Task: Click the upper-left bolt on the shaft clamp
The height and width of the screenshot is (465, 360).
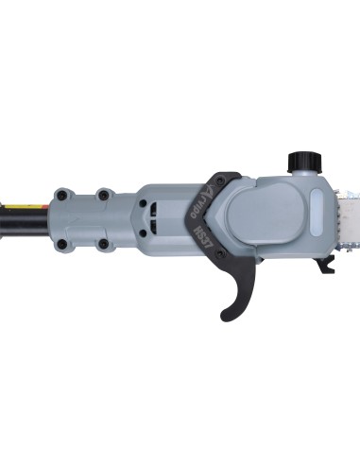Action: pos(61,194)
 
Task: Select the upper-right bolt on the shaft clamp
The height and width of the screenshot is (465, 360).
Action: pos(104,195)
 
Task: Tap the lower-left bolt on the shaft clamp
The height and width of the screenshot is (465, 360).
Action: pos(61,243)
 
